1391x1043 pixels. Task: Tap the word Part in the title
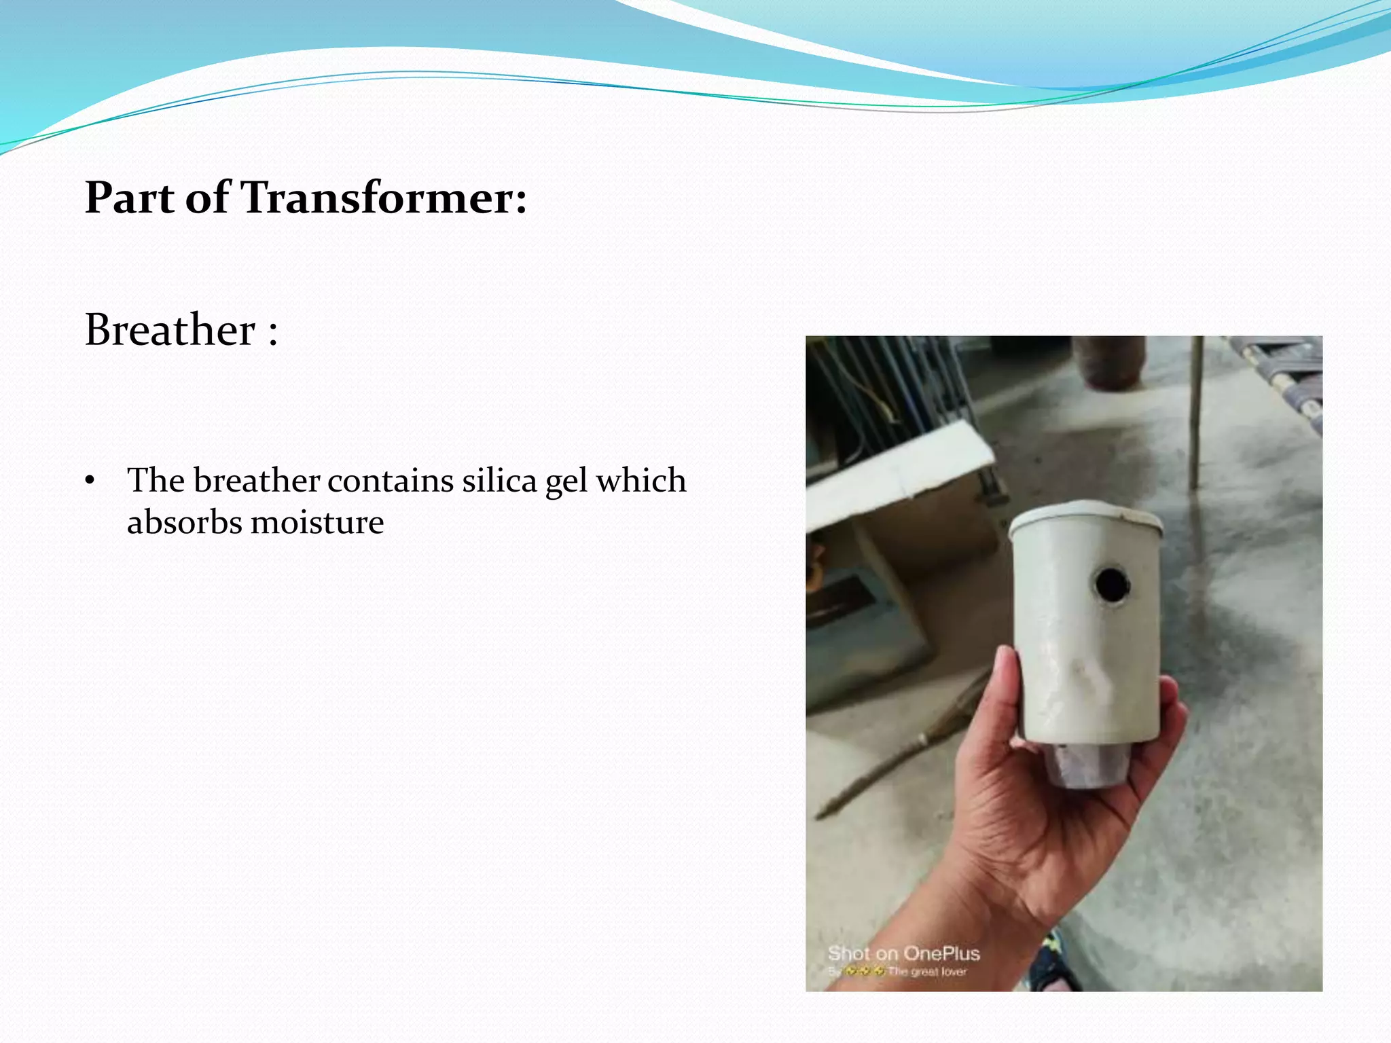[129, 198]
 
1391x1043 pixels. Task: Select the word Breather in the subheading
[170, 330]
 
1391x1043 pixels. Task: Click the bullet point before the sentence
[90, 481]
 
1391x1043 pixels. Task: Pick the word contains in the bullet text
[390, 481]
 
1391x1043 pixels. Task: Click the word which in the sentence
[640, 481]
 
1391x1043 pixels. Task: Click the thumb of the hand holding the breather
[1005, 686]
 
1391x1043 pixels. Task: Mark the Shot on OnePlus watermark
[903, 953]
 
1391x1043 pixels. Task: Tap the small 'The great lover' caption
[926, 972]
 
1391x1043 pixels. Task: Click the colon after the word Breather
[273, 333]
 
